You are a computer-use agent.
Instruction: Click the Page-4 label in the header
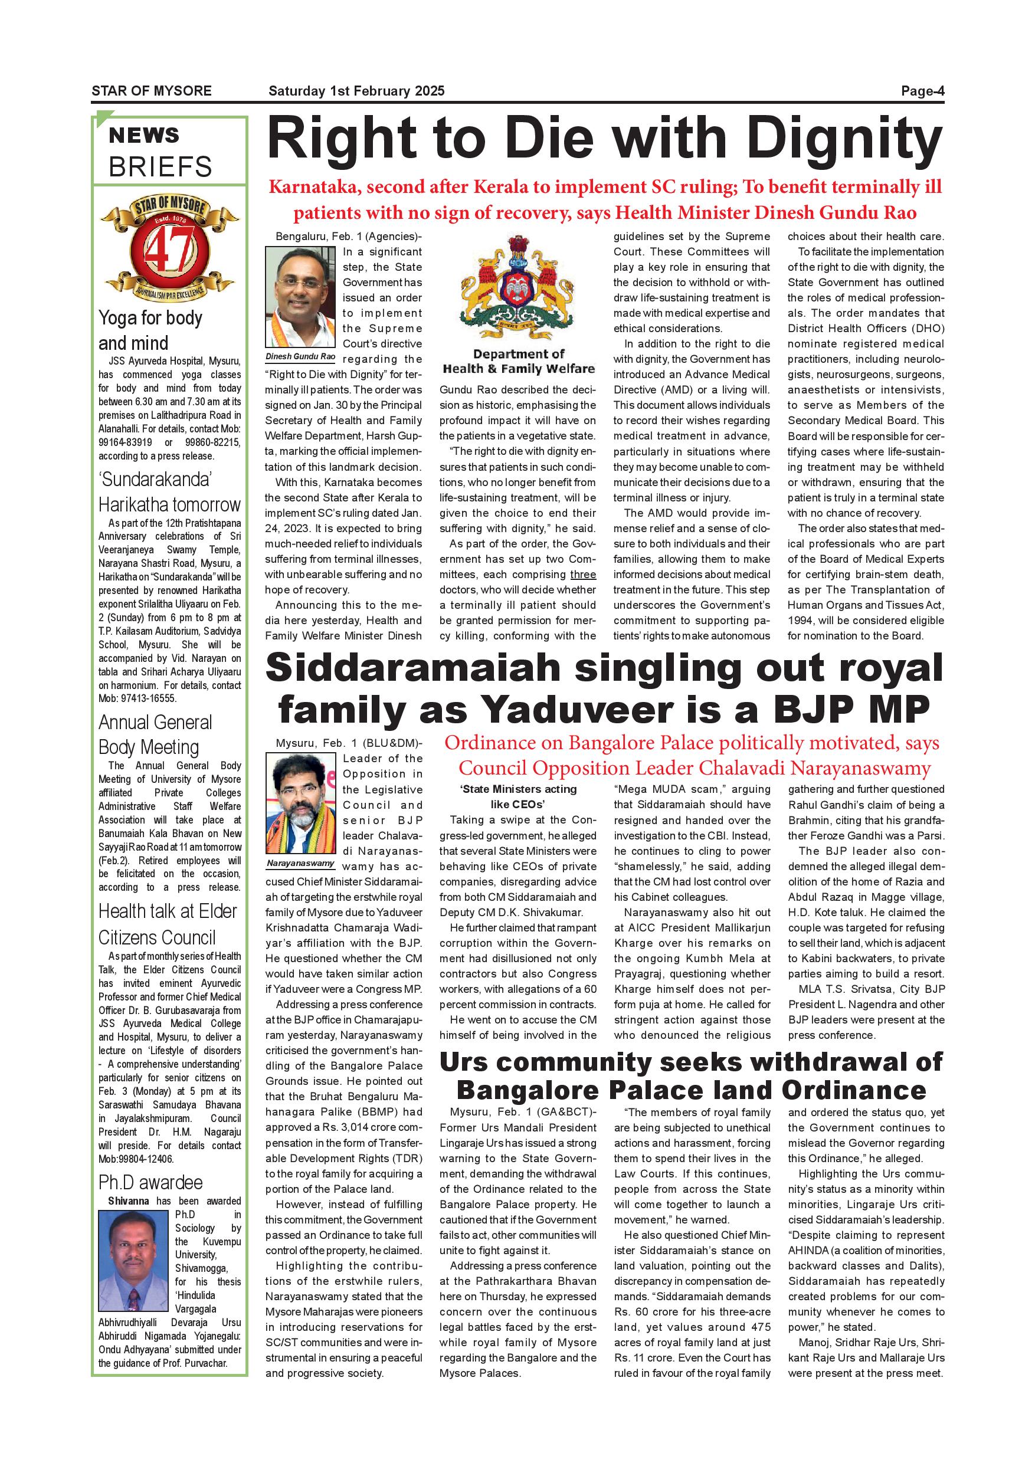click(922, 91)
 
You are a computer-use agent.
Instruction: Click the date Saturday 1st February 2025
click(356, 91)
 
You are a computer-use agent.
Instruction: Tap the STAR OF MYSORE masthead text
click(152, 91)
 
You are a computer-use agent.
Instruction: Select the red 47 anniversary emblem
click(169, 248)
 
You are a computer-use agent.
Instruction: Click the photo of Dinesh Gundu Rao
click(300, 297)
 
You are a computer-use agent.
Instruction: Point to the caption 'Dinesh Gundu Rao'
click(300, 357)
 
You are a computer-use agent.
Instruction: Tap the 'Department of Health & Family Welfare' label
click(518, 361)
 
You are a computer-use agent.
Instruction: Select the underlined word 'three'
click(582, 575)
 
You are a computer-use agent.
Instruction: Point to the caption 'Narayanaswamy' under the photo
click(300, 864)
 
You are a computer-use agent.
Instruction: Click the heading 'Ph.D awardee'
click(150, 1183)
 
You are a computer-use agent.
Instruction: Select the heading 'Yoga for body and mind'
click(150, 330)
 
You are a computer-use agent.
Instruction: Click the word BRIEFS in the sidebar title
click(160, 167)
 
